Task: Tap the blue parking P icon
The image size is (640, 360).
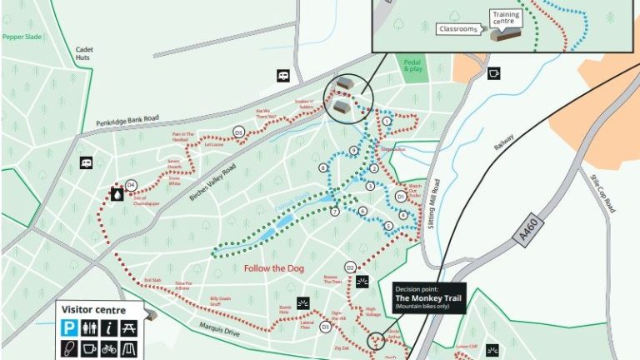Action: (70, 328)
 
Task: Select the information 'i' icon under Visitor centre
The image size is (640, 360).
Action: (108, 328)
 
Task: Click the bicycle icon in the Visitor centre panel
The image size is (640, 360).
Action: (108, 348)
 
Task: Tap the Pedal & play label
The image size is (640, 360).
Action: (413, 66)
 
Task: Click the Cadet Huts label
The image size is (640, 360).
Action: (84, 52)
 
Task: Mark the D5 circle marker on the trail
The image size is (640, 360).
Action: (238, 132)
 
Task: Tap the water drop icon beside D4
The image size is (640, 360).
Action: (117, 194)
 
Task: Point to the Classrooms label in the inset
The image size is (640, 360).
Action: (457, 29)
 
